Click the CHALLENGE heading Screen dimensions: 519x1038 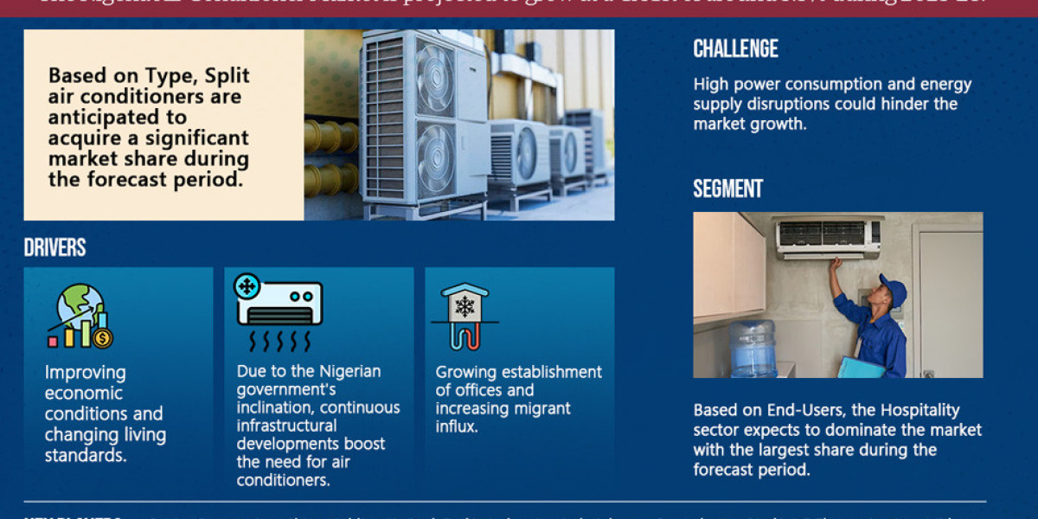735,49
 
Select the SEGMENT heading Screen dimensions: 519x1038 727,189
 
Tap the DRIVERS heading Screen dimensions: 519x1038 54,248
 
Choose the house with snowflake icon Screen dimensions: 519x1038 465,315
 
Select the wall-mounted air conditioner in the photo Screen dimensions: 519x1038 828,237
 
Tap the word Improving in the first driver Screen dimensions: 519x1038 85,373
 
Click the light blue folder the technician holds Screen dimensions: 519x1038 861,368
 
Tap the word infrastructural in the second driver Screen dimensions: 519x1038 287,426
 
